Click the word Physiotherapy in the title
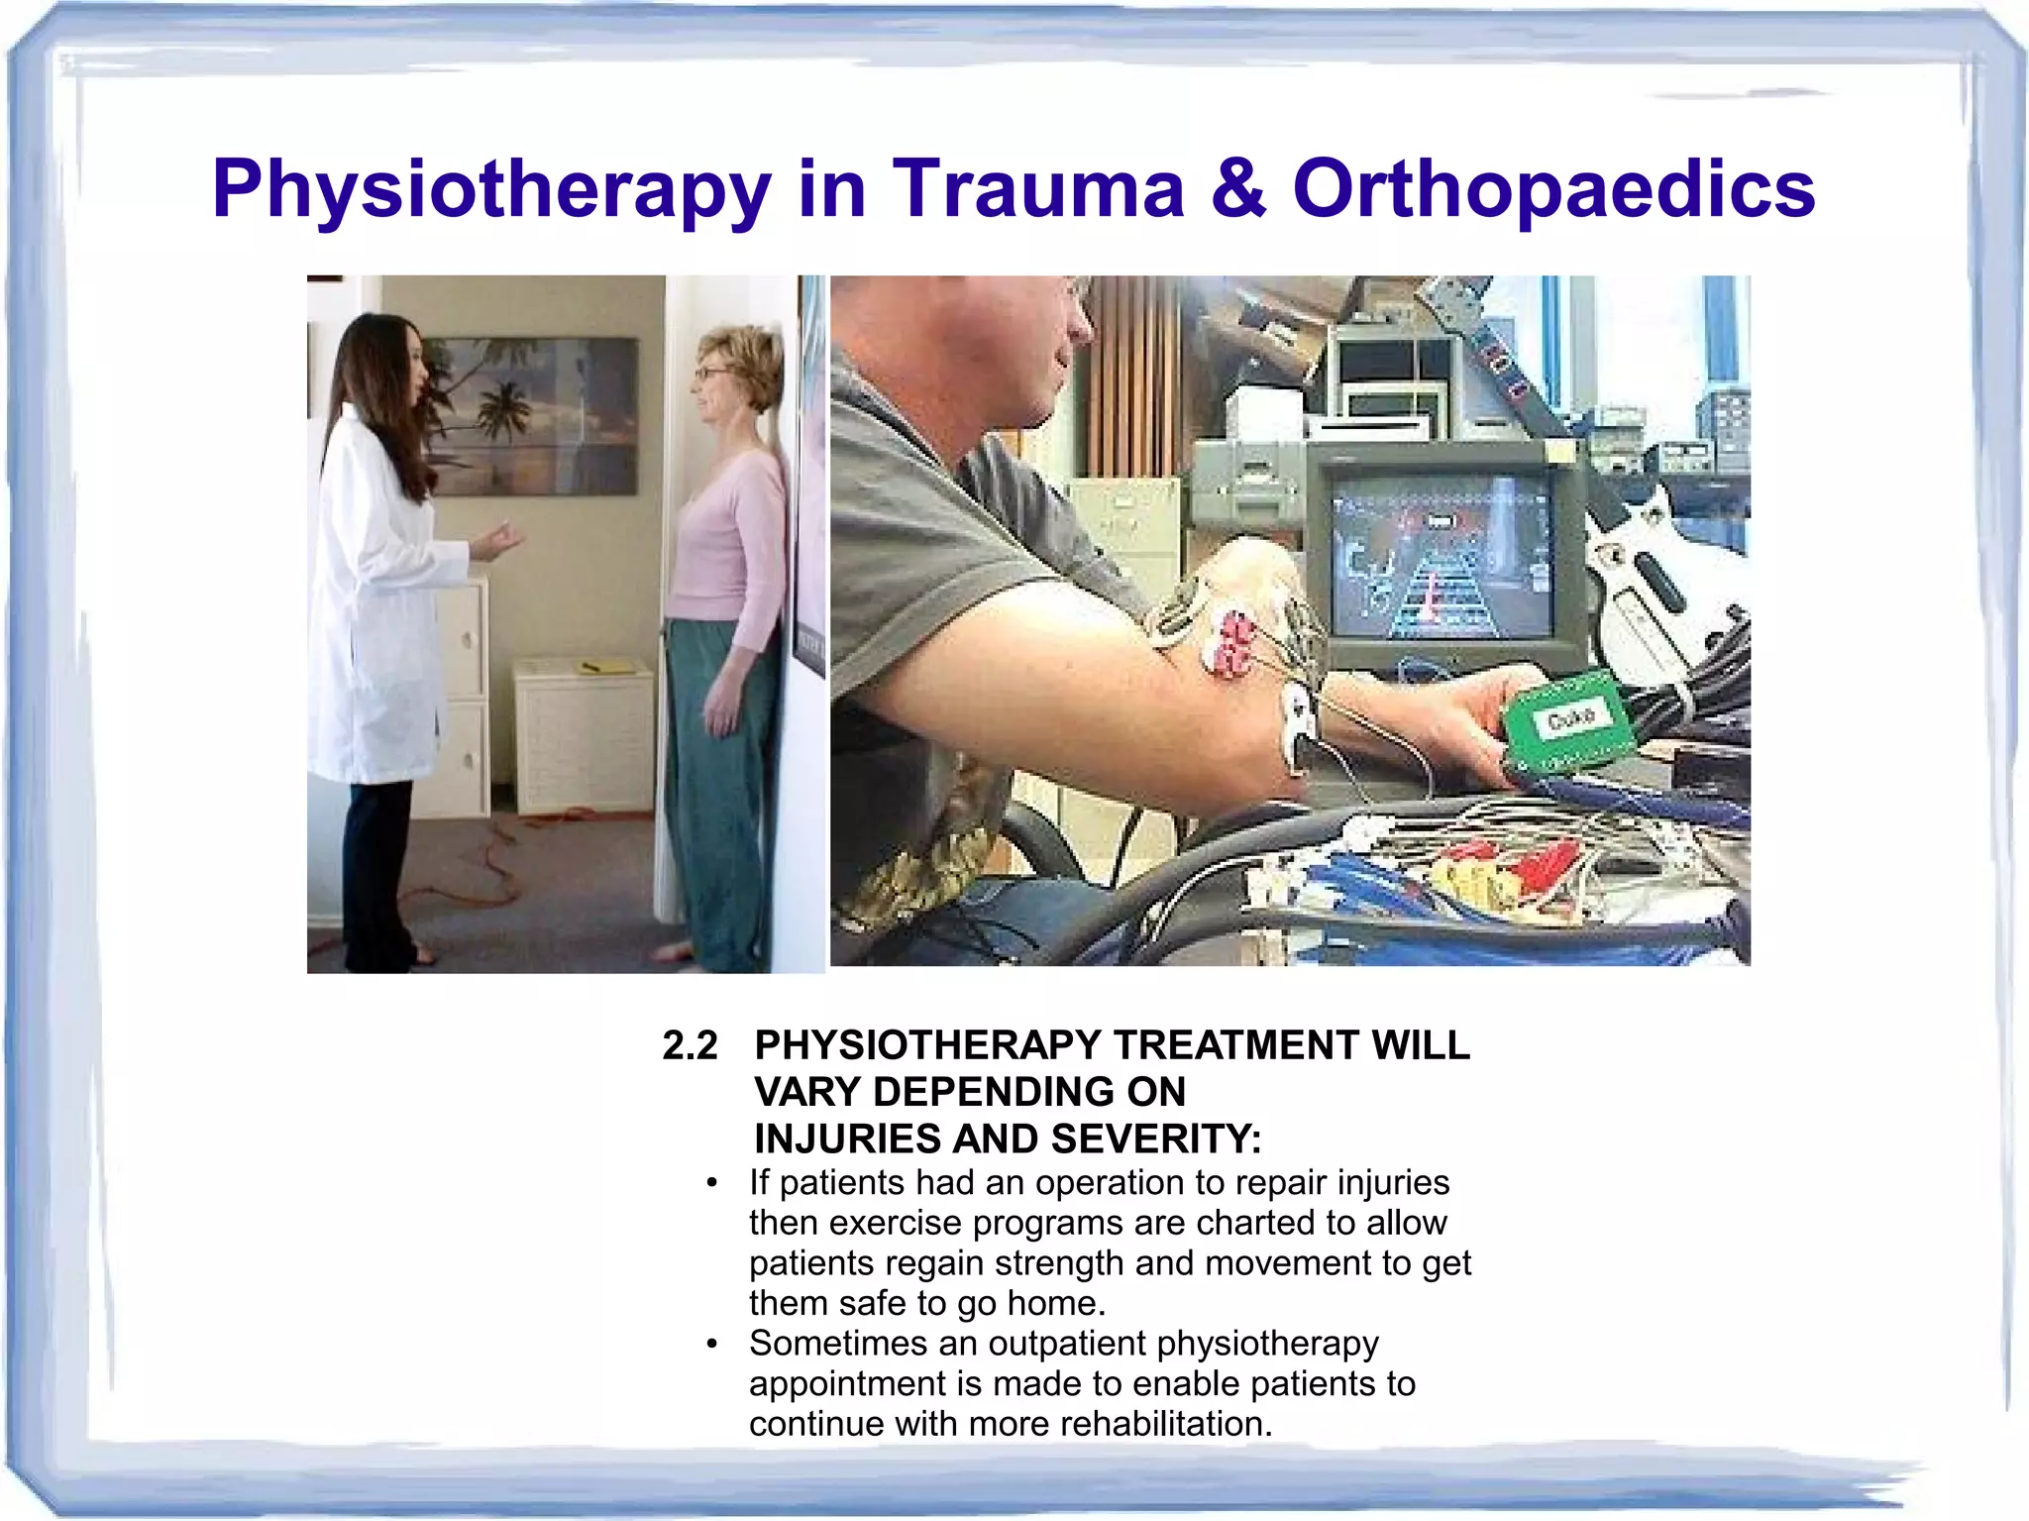[490, 190]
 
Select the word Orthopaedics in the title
[1552, 190]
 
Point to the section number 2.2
[690, 1046]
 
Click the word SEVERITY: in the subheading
[1156, 1140]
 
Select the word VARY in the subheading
[806, 1093]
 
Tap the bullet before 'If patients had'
[711, 1183]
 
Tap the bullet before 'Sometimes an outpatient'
[711, 1345]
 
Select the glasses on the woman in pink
[709, 374]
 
